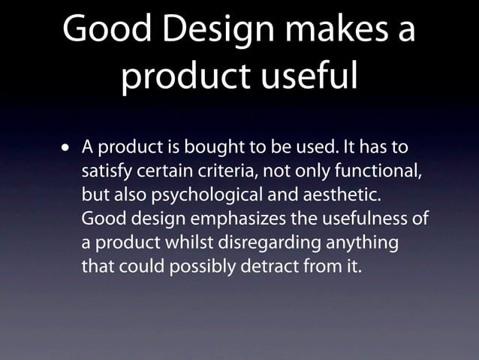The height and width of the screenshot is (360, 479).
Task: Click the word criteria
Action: [224, 172]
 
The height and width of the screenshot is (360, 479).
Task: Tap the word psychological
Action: [206, 195]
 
